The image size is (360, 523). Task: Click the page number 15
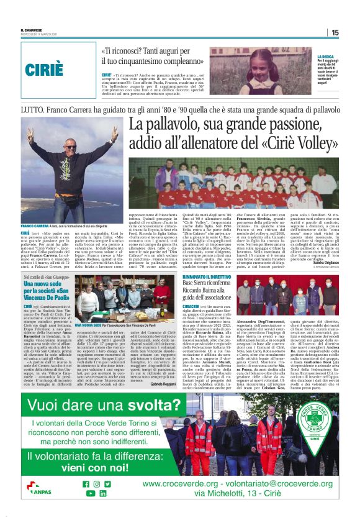pyautogui.click(x=335, y=32)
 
